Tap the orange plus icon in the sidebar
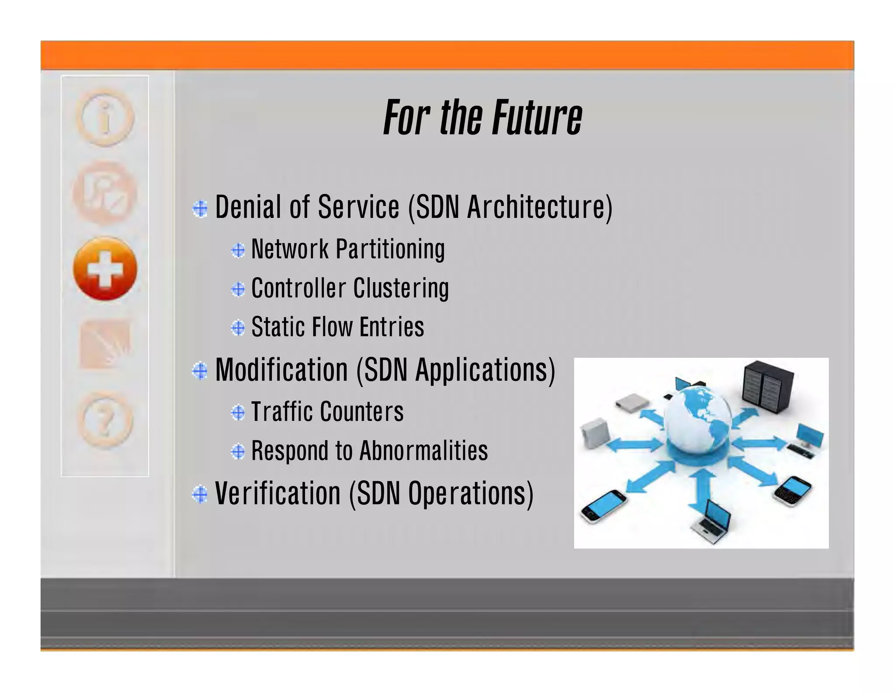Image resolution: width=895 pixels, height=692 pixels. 105,269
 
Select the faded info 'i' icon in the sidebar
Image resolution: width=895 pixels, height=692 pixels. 105,117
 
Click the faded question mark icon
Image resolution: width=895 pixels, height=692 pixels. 105,420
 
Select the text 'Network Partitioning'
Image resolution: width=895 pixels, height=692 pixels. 348,249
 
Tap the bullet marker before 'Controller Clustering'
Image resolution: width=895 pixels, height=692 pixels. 238,289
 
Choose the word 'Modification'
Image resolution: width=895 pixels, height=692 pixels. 281,370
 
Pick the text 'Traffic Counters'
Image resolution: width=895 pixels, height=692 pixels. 327,412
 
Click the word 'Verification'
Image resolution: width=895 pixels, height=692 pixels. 278,493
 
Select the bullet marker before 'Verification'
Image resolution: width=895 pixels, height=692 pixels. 200,494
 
